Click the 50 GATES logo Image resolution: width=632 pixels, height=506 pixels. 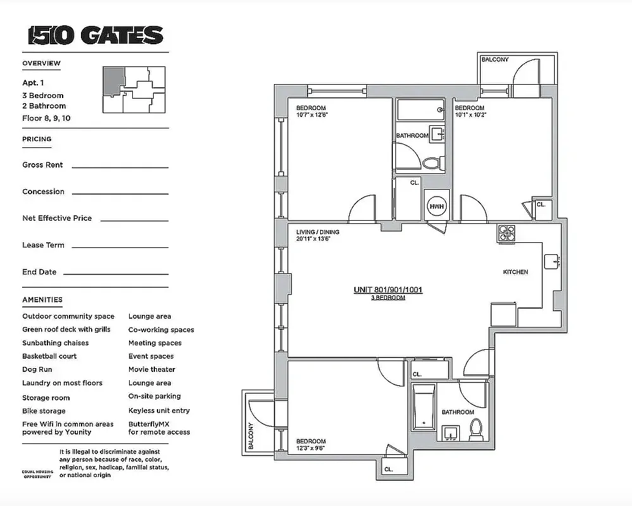click(96, 35)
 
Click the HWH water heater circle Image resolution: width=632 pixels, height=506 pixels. click(437, 206)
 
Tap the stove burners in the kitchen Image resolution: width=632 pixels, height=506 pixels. click(506, 233)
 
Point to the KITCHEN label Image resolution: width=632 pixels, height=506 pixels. click(515, 272)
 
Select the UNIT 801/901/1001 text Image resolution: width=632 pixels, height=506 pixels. click(387, 290)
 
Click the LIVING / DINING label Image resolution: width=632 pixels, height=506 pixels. click(318, 232)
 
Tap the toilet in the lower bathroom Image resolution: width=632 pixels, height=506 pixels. click(476, 430)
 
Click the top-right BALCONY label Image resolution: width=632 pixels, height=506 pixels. click(495, 59)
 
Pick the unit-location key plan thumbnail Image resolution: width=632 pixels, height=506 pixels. click(133, 90)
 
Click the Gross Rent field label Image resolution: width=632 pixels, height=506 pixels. click(42, 165)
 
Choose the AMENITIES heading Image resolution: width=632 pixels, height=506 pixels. click(42, 300)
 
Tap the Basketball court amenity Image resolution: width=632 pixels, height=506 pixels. click(49, 356)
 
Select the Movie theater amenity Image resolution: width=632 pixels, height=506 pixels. click(152, 369)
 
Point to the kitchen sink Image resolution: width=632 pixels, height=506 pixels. click(552, 261)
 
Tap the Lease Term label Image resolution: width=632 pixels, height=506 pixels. click(43, 245)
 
